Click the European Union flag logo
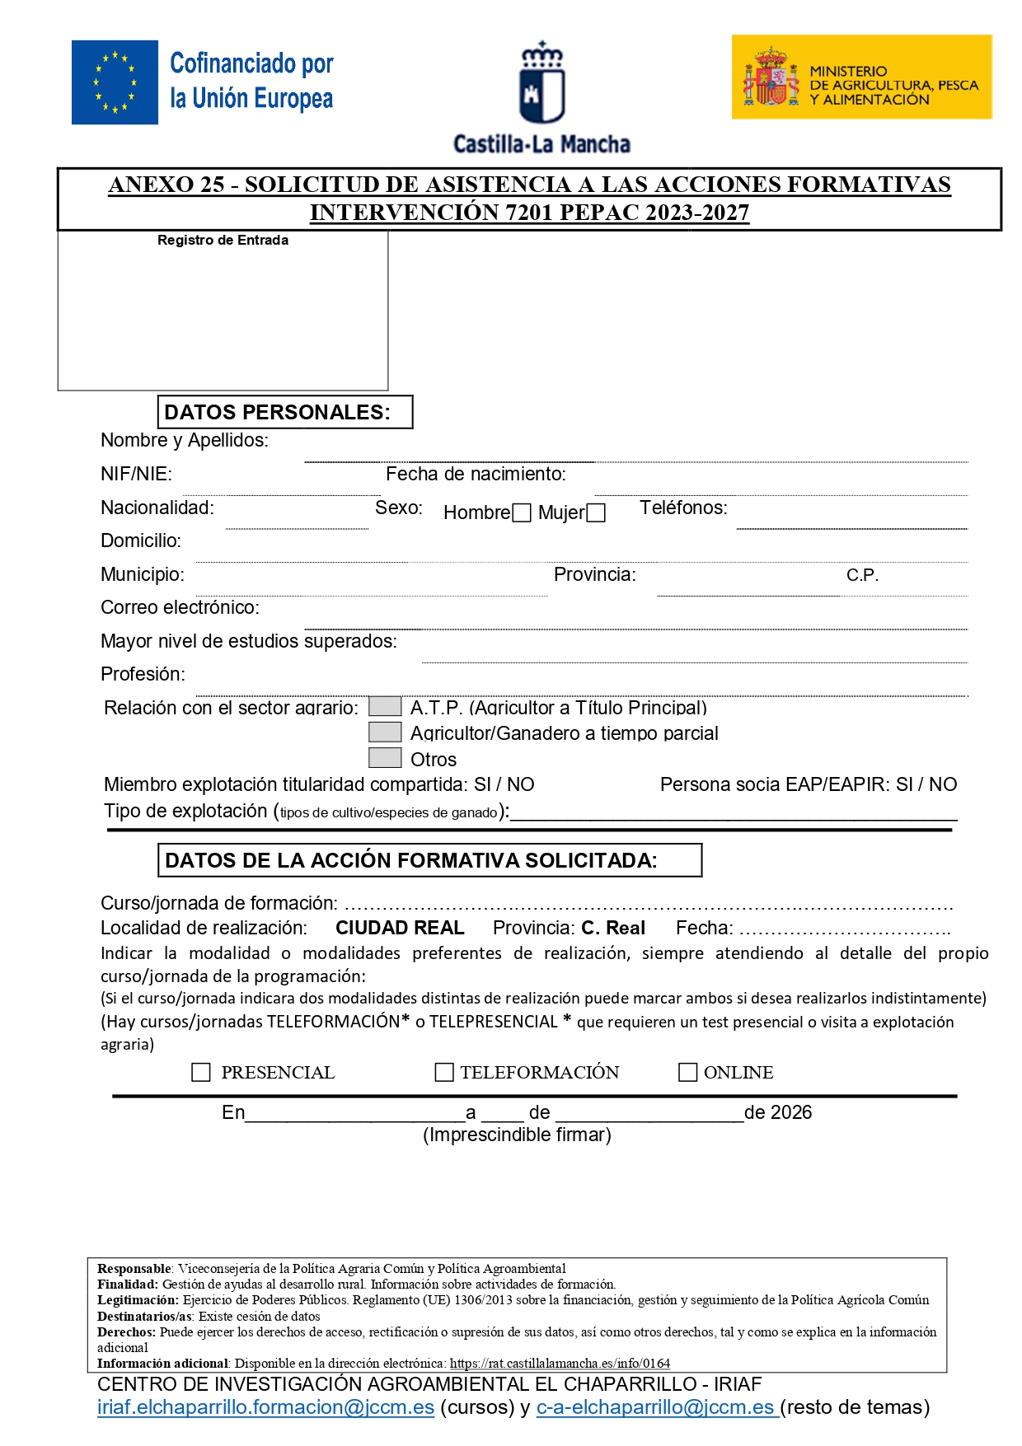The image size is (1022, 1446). (115, 82)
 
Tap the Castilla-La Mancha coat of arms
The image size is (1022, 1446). (541, 84)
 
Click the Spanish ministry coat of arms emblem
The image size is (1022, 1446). (771, 77)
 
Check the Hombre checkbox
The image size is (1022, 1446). (521, 513)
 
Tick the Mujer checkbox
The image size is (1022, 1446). (596, 513)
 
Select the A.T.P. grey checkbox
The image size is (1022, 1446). (384, 707)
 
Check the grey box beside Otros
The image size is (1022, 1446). (384, 758)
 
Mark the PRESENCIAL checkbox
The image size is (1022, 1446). (201, 1072)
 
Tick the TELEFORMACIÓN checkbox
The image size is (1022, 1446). (444, 1072)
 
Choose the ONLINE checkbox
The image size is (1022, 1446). (687, 1072)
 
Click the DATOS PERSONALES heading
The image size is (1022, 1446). (277, 412)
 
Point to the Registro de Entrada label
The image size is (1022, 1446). (223, 241)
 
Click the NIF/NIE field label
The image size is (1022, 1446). (136, 474)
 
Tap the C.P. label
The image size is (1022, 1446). (862, 575)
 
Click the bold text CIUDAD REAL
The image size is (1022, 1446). (400, 928)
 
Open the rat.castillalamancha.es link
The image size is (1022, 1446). (560, 1364)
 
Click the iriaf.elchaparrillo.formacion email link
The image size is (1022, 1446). (265, 1407)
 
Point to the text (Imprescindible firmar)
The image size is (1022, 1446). (517, 1135)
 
